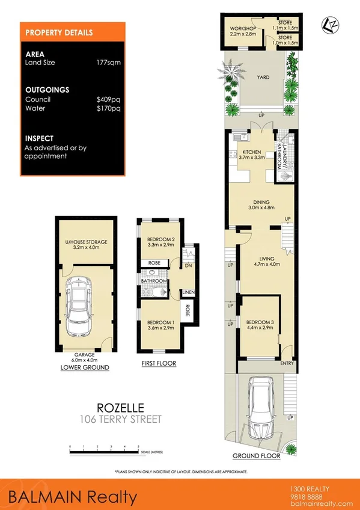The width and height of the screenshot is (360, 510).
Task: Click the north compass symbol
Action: click(x=331, y=24)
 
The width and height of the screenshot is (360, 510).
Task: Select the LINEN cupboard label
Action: click(x=188, y=292)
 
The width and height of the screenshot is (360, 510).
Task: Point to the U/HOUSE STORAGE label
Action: click(x=86, y=244)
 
